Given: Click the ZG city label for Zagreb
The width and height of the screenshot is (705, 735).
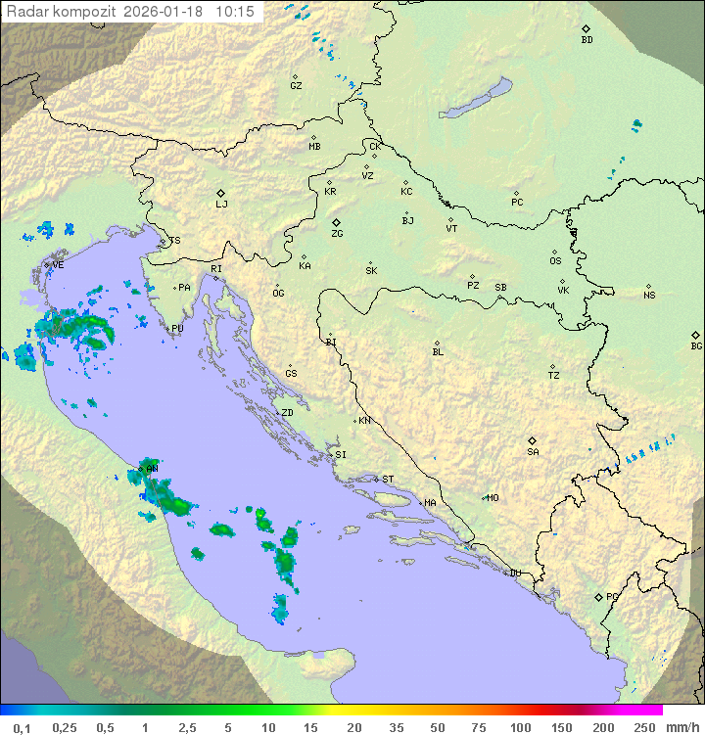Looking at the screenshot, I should [x=337, y=234].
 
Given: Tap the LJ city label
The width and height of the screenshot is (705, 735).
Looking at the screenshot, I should [x=221, y=204].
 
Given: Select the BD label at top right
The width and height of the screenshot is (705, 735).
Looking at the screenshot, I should [x=587, y=40].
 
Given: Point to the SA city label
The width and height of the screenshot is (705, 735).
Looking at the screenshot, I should [x=533, y=451].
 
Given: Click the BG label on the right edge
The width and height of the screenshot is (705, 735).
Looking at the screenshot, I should [x=696, y=345].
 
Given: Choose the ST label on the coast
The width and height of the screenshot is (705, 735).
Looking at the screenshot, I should [x=388, y=480].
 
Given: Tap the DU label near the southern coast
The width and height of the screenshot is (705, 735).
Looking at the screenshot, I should [x=515, y=574].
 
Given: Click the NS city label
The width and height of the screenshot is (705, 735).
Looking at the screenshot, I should [x=649, y=296].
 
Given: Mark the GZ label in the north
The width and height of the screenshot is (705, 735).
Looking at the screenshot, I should [x=296, y=85].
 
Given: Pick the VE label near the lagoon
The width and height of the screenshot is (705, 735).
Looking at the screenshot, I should [x=58, y=265].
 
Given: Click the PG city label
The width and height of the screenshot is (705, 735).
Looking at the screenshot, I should [x=612, y=596].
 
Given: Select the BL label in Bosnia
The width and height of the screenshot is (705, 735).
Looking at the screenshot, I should [x=438, y=351].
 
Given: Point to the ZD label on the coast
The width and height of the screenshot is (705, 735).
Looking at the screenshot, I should [x=287, y=413].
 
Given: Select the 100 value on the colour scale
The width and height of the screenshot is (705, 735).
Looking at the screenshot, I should [x=520, y=727].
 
